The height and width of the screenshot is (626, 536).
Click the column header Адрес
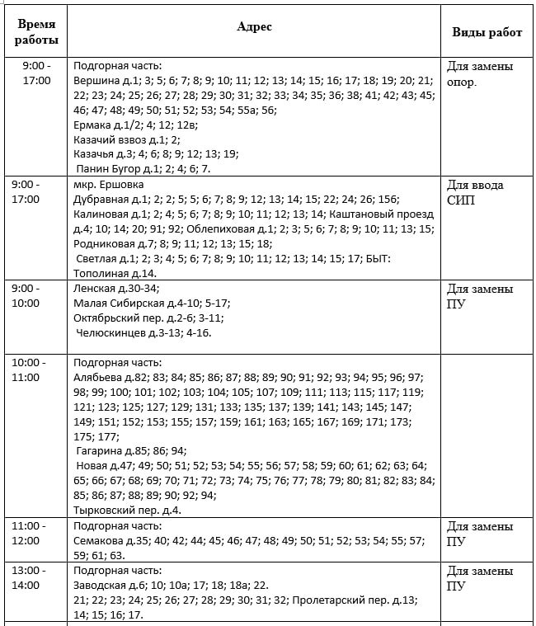[x=254, y=26]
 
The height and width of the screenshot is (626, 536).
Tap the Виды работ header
[x=487, y=32]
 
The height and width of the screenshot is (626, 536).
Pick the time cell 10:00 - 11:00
[x=31, y=369]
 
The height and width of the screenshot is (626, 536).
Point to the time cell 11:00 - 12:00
[x=31, y=533]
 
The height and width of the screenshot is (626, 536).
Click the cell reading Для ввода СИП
[x=475, y=192]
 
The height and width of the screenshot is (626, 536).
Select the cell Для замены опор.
[x=480, y=73]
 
